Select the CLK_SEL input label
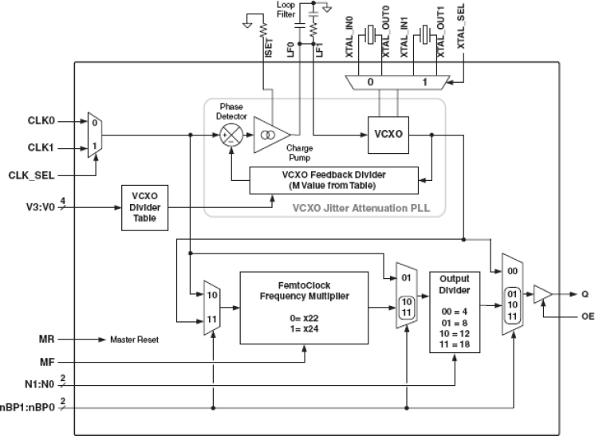pos(30,174)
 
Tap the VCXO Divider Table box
pos(144,208)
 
